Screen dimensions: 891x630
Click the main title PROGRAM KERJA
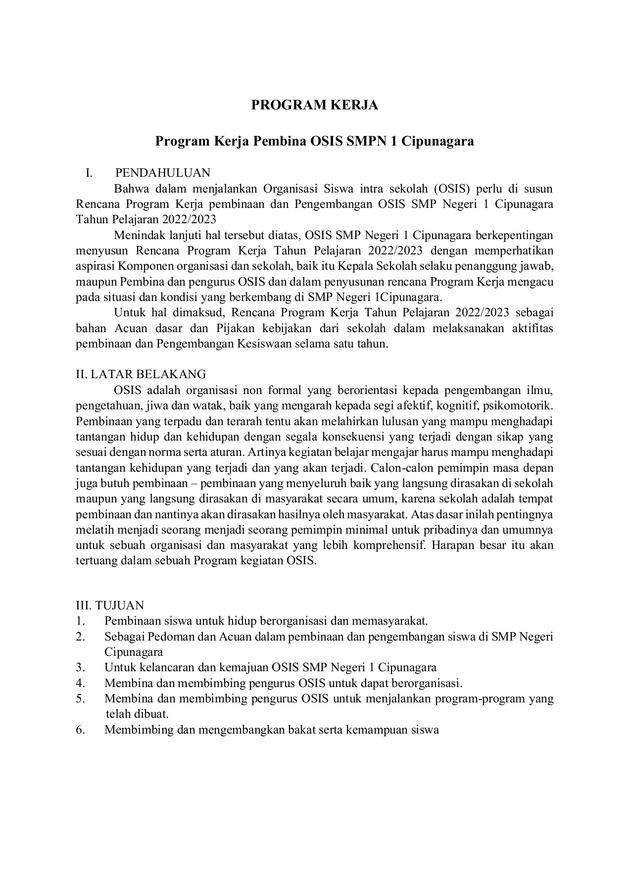coord(315,105)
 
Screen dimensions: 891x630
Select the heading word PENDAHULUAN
coord(163,173)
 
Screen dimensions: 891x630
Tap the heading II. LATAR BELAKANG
coord(141,374)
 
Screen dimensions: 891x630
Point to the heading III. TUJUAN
coord(110,605)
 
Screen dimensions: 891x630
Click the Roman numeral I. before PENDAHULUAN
coord(89,173)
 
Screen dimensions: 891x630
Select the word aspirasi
coord(95,266)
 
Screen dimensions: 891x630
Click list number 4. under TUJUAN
coord(81,683)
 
